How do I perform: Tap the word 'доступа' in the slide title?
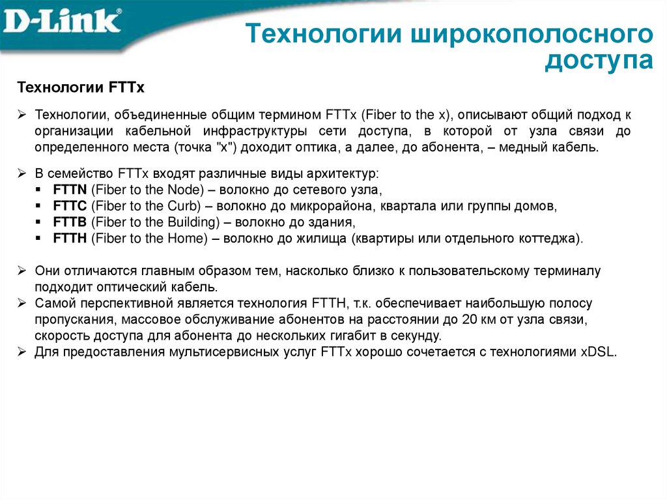point(599,61)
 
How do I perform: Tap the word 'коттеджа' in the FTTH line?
point(548,238)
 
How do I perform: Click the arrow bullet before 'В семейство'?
point(21,175)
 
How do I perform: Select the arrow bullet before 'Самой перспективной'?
point(21,304)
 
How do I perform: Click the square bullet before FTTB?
point(40,222)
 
